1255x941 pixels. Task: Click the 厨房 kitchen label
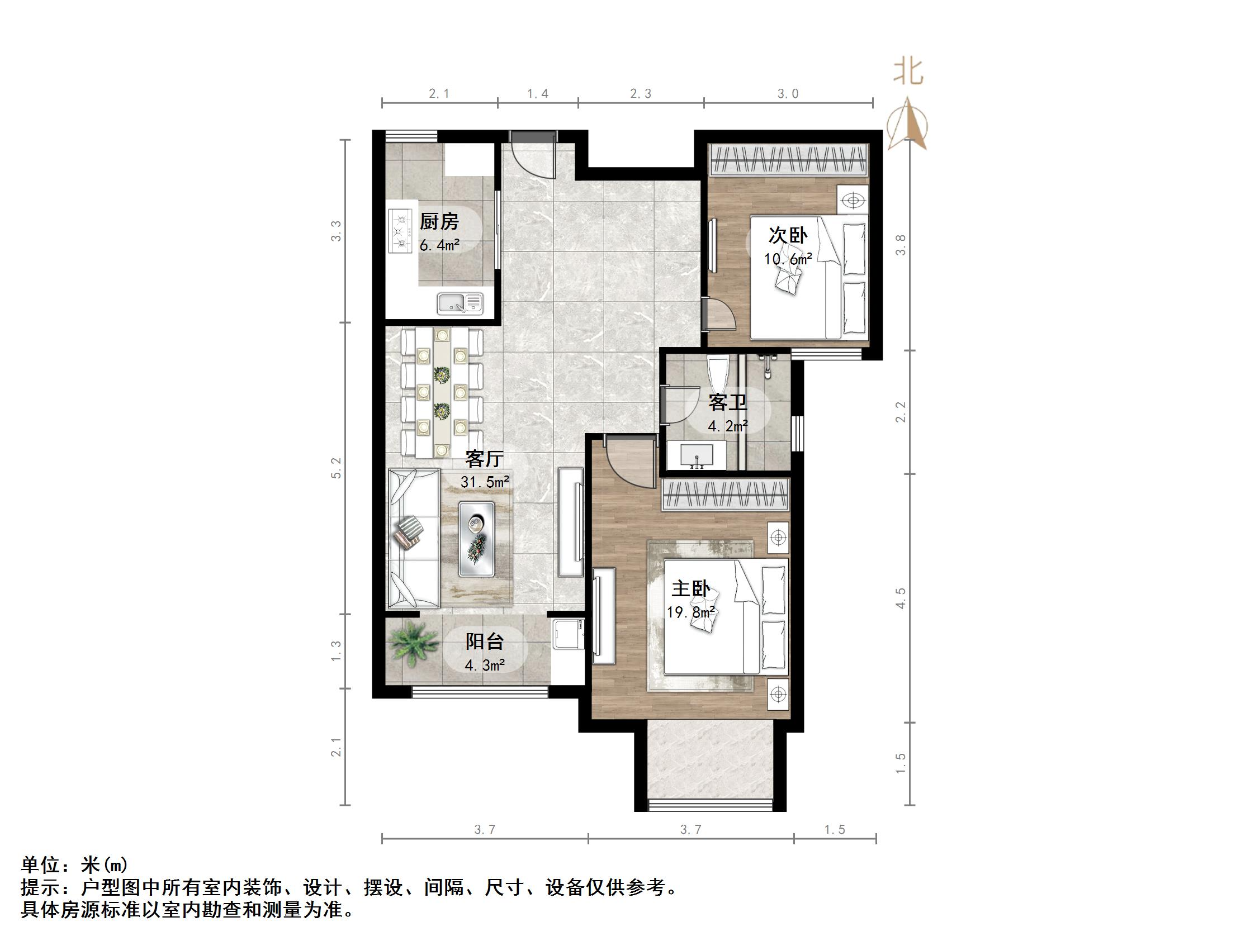[439, 221]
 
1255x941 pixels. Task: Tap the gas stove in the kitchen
[400, 231]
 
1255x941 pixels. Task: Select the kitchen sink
[460, 303]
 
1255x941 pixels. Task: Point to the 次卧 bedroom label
[788, 235]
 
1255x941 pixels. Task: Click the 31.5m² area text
[485, 482]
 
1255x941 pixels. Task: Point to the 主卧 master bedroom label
[690, 589]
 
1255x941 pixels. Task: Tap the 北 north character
[908, 72]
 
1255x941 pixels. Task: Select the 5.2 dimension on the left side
[337, 468]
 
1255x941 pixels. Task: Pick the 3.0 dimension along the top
[788, 93]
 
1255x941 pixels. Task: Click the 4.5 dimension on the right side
[901, 598]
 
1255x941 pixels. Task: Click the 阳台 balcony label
[485, 641]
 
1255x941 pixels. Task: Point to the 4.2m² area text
[727, 425]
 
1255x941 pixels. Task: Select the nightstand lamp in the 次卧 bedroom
[853, 200]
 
